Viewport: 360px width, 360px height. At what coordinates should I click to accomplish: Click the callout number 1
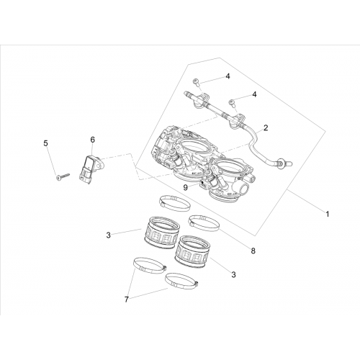(x=327, y=214)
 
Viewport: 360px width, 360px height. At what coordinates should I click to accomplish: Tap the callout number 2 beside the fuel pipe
(x=266, y=127)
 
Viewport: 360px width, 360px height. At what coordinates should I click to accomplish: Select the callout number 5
(x=45, y=143)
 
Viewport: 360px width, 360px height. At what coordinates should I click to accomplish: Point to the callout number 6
(x=93, y=140)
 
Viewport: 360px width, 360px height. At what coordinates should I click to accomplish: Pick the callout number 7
(x=127, y=300)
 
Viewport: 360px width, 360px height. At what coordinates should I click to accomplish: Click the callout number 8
(x=253, y=251)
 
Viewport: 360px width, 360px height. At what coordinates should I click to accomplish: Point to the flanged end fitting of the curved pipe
(x=284, y=163)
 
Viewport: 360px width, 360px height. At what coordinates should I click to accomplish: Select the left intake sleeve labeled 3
(x=162, y=232)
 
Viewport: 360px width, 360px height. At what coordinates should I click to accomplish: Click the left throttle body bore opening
(x=193, y=145)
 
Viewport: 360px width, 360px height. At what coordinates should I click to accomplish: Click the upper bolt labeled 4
(x=196, y=83)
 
